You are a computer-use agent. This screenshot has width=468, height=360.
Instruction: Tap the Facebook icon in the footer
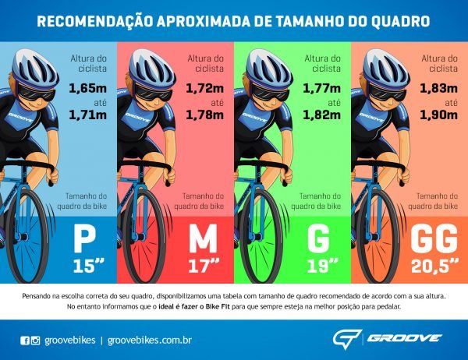[x=23, y=340]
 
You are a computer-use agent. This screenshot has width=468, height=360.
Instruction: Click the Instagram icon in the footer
[x=35, y=340]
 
